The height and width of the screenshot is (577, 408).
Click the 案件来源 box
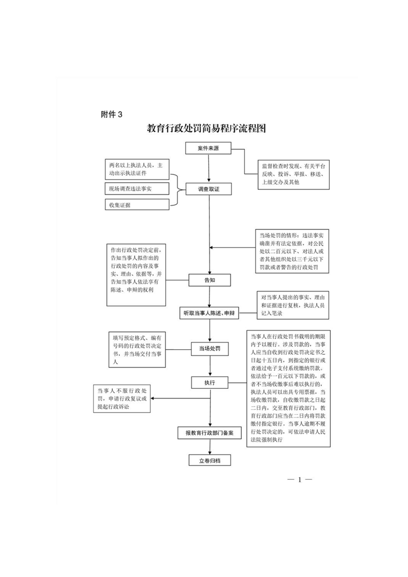(209, 149)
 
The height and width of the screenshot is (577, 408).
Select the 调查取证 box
(209, 189)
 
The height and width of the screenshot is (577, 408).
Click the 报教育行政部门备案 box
(209, 434)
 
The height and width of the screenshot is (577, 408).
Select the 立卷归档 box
(209, 460)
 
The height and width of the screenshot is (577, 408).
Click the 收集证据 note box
(136, 205)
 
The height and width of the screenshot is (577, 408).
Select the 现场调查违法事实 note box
(136, 189)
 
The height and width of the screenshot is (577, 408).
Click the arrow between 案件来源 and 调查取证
(209, 169)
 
